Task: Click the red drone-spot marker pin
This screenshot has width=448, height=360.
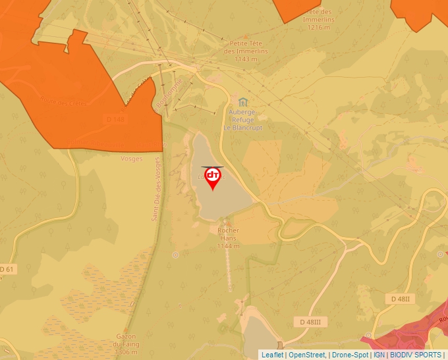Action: (213, 176)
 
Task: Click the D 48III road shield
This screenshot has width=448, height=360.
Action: (310, 321)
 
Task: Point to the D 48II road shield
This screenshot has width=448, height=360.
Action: (400, 299)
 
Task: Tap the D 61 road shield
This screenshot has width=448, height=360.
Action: (7, 269)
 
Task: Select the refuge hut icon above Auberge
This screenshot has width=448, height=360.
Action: (243, 102)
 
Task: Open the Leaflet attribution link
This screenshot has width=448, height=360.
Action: (272, 355)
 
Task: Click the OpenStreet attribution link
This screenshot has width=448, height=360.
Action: (307, 355)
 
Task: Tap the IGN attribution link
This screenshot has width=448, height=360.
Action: (379, 355)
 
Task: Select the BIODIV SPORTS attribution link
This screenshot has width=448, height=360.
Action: (415, 355)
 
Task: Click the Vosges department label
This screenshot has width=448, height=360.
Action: (132, 159)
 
